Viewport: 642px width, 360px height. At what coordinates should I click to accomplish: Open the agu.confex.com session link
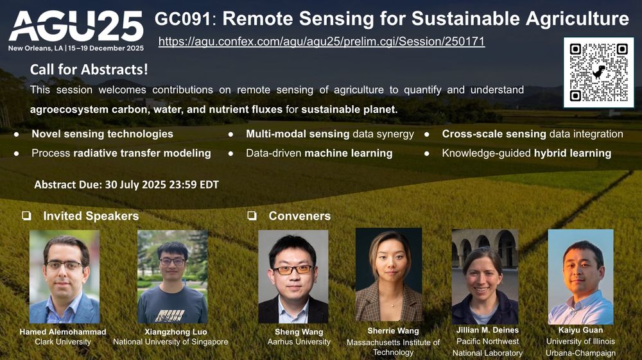(321, 42)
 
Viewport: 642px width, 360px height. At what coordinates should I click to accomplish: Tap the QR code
(598, 72)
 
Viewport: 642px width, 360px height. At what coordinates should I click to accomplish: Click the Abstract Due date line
(126, 185)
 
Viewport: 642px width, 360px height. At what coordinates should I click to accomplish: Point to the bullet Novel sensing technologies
(103, 134)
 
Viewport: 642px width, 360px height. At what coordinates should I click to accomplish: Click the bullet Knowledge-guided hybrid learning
(526, 153)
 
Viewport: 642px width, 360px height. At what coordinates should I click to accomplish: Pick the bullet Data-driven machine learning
(319, 153)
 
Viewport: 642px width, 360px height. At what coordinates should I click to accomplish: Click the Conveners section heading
(299, 216)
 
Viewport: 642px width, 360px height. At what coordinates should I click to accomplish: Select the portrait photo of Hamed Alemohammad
(64, 277)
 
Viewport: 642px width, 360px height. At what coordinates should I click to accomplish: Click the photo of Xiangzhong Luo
(172, 277)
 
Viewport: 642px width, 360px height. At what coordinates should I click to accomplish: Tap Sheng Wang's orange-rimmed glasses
(293, 270)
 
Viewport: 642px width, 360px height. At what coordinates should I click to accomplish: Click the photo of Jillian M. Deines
(485, 277)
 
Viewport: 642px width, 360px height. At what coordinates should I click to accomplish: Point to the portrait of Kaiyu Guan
(580, 277)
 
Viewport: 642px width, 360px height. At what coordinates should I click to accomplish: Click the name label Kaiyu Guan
(580, 330)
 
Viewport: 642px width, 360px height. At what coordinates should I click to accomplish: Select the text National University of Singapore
(171, 342)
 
